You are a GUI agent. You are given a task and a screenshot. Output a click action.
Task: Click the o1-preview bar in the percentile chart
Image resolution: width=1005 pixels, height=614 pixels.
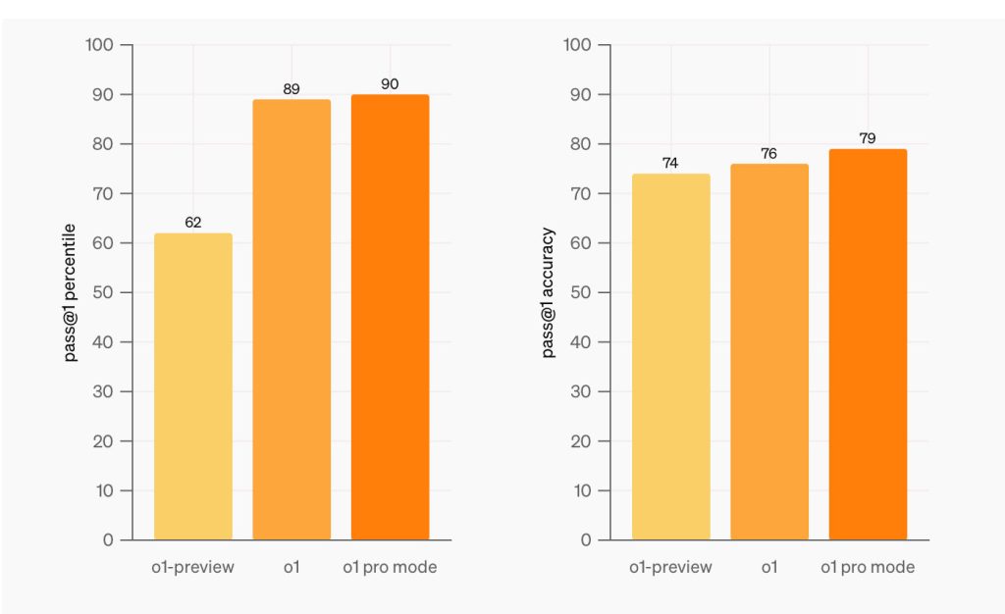(193, 386)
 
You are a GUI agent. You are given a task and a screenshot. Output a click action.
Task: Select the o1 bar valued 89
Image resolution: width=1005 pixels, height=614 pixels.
(291, 320)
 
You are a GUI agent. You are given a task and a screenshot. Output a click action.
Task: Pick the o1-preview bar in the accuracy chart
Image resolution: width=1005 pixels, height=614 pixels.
(670, 357)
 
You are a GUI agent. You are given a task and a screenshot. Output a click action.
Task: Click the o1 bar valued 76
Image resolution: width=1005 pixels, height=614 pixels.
(769, 352)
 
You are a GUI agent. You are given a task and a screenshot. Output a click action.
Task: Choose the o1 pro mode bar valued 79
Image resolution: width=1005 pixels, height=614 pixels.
(868, 344)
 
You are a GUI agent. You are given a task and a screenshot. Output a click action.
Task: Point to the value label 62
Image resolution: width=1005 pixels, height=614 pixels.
(193, 223)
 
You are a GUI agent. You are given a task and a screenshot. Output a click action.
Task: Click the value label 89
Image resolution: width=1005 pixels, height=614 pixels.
(291, 89)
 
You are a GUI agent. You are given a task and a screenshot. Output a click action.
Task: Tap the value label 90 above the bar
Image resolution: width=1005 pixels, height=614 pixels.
(390, 84)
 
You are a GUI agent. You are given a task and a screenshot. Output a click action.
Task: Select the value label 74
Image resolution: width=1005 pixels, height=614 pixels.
(670, 163)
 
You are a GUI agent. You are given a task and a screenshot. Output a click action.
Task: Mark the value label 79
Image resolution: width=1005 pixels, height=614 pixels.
(868, 138)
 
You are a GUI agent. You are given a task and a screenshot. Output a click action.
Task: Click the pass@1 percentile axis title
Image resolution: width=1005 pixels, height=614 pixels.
(72, 291)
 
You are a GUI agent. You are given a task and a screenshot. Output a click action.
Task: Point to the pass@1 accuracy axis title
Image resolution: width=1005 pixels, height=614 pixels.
(549, 292)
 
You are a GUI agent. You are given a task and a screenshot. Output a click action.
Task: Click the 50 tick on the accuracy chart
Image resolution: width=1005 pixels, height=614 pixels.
(583, 292)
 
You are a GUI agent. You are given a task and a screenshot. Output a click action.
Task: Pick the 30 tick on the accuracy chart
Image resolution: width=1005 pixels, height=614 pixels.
(583, 391)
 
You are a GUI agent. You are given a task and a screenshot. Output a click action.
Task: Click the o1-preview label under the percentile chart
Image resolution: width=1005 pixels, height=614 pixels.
(193, 567)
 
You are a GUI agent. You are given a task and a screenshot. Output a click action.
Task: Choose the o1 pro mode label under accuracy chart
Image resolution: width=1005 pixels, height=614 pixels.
(868, 567)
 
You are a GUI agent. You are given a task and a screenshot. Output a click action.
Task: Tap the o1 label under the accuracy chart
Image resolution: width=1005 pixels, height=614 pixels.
(769, 567)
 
